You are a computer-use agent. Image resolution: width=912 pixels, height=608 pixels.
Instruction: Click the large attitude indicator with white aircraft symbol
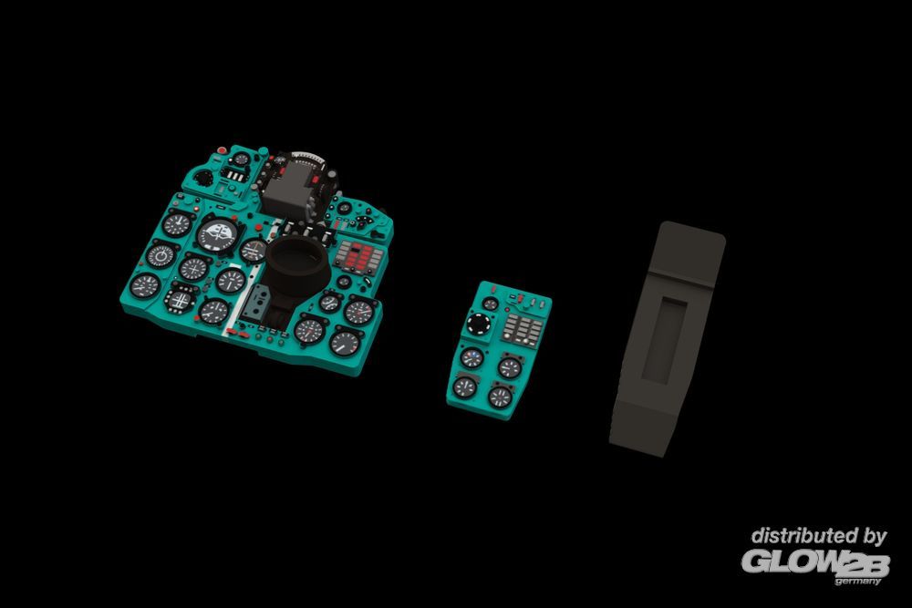(218, 235)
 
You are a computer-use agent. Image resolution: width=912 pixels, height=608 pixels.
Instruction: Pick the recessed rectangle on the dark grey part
(664, 339)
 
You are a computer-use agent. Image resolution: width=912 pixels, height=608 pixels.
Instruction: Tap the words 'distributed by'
(818, 537)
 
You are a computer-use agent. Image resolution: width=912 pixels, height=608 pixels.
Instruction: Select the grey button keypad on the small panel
(523, 331)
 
